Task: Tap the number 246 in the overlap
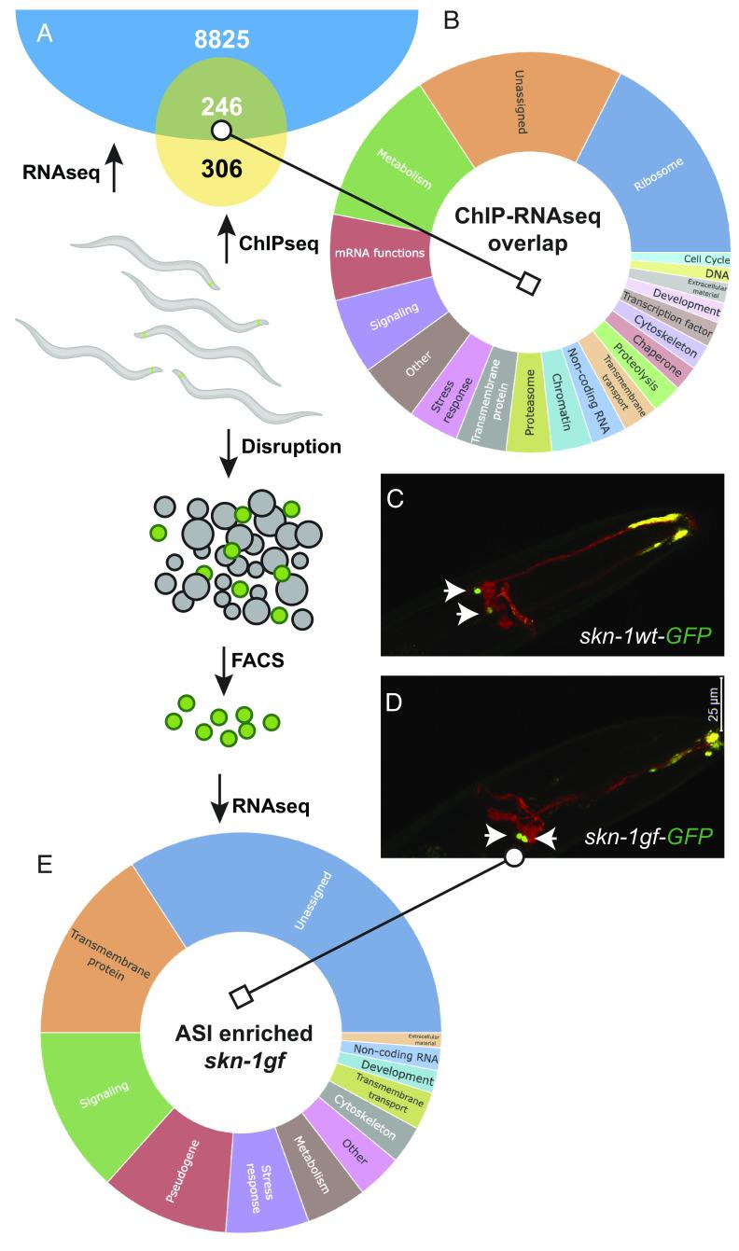tap(222, 108)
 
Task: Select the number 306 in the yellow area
tap(222, 168)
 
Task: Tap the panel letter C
tap(395, 499)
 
